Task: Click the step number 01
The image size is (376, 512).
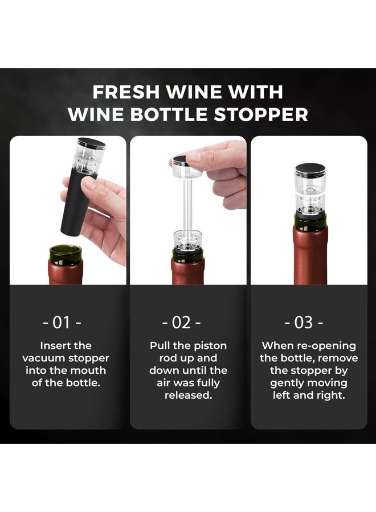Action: point(62,323)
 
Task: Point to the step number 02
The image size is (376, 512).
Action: point(182,323)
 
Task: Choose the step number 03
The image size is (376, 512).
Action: point(304,323)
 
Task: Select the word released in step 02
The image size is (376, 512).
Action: point(189,395)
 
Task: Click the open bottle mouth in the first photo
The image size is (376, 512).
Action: point(65,250)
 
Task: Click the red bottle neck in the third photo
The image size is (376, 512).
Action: point(310,255)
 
